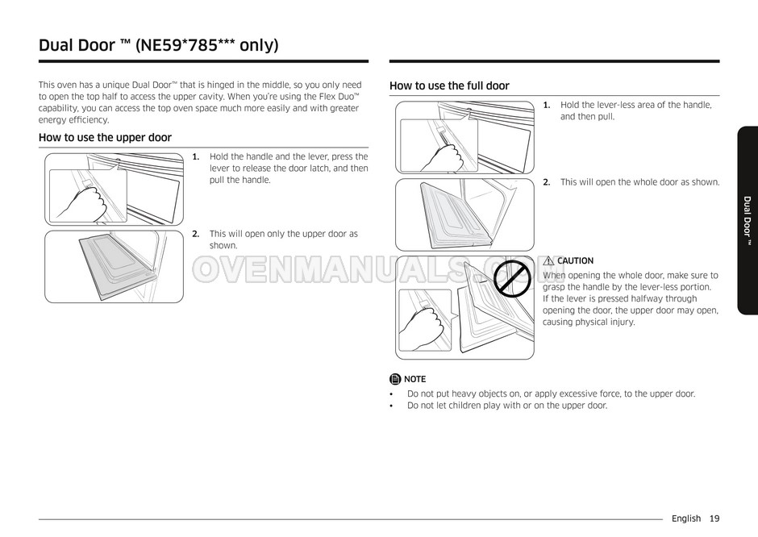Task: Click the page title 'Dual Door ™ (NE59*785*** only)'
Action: coord(159,44)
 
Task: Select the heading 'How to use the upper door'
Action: coord(105,138)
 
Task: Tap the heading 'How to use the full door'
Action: coord(449,85)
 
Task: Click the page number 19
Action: coord(714,518)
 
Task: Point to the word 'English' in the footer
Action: coord(685,518)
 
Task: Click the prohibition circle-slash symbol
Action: coord(510,278)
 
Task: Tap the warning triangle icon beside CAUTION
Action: coord(548,260)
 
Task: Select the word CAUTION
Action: coord(575,260)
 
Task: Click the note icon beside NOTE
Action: coord(394,379)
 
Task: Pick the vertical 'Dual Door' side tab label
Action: coord(748,221)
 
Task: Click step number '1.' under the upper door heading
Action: coord(195,156)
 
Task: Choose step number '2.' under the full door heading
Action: coord(546,182)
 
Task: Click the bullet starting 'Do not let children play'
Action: coord(506,406)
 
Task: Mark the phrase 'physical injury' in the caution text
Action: coord(606,323)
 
